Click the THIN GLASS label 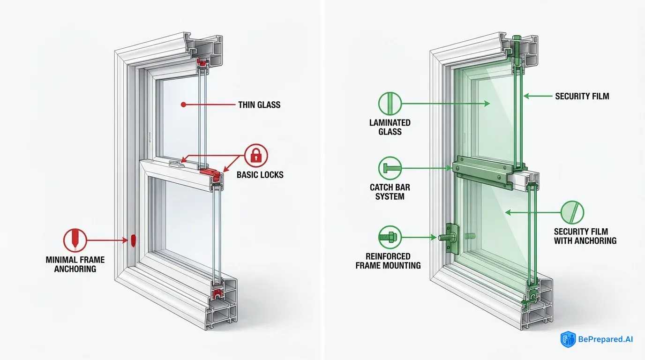click(259, 105)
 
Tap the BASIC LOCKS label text click(260, 175)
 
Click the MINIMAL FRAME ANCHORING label click(75, 264)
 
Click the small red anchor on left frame click(133, 240)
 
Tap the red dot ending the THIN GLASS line click(183, 105)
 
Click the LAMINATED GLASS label click(390, 127)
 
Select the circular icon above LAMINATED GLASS click(390, 103)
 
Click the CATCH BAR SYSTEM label click(390, 192)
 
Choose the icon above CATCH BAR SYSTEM click(390, 168)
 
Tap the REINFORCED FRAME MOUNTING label click(388, 261)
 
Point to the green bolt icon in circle click(389, 237)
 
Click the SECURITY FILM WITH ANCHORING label click(585, 236)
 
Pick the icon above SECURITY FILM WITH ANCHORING click(573, 212)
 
